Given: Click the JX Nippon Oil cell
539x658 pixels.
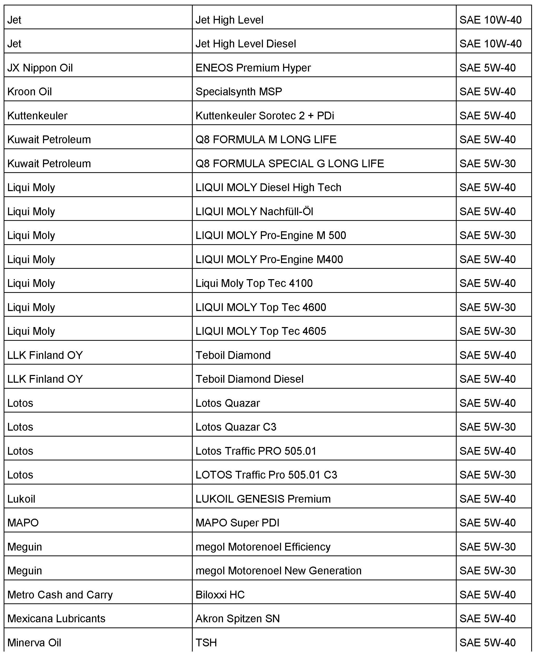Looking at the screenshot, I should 40,68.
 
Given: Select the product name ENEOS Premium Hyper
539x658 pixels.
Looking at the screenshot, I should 253,68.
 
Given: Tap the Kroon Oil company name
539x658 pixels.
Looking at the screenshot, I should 30,92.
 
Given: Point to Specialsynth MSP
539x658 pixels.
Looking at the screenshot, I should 239,92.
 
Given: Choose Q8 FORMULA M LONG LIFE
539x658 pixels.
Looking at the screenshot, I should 266,139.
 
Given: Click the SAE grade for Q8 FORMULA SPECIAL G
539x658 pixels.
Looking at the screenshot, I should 487,164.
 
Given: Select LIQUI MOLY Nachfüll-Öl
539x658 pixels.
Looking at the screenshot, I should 254,211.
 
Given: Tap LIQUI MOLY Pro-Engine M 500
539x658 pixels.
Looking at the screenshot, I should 271,235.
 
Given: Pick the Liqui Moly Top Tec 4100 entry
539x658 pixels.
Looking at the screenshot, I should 254,283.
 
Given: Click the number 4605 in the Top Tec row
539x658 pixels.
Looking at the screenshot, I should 314,331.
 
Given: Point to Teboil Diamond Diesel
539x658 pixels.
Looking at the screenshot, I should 249,379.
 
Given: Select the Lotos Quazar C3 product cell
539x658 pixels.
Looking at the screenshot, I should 236,427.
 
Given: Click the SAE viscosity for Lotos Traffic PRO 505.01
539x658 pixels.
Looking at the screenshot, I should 487,451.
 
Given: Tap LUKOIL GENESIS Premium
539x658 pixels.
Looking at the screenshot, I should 263,499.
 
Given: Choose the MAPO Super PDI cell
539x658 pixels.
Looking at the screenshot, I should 237,523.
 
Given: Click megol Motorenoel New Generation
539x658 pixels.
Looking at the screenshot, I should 278,570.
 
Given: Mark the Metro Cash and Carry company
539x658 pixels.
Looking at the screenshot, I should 60,594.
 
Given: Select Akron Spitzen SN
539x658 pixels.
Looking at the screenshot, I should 238,618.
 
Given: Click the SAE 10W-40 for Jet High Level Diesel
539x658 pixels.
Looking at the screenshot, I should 491,44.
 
